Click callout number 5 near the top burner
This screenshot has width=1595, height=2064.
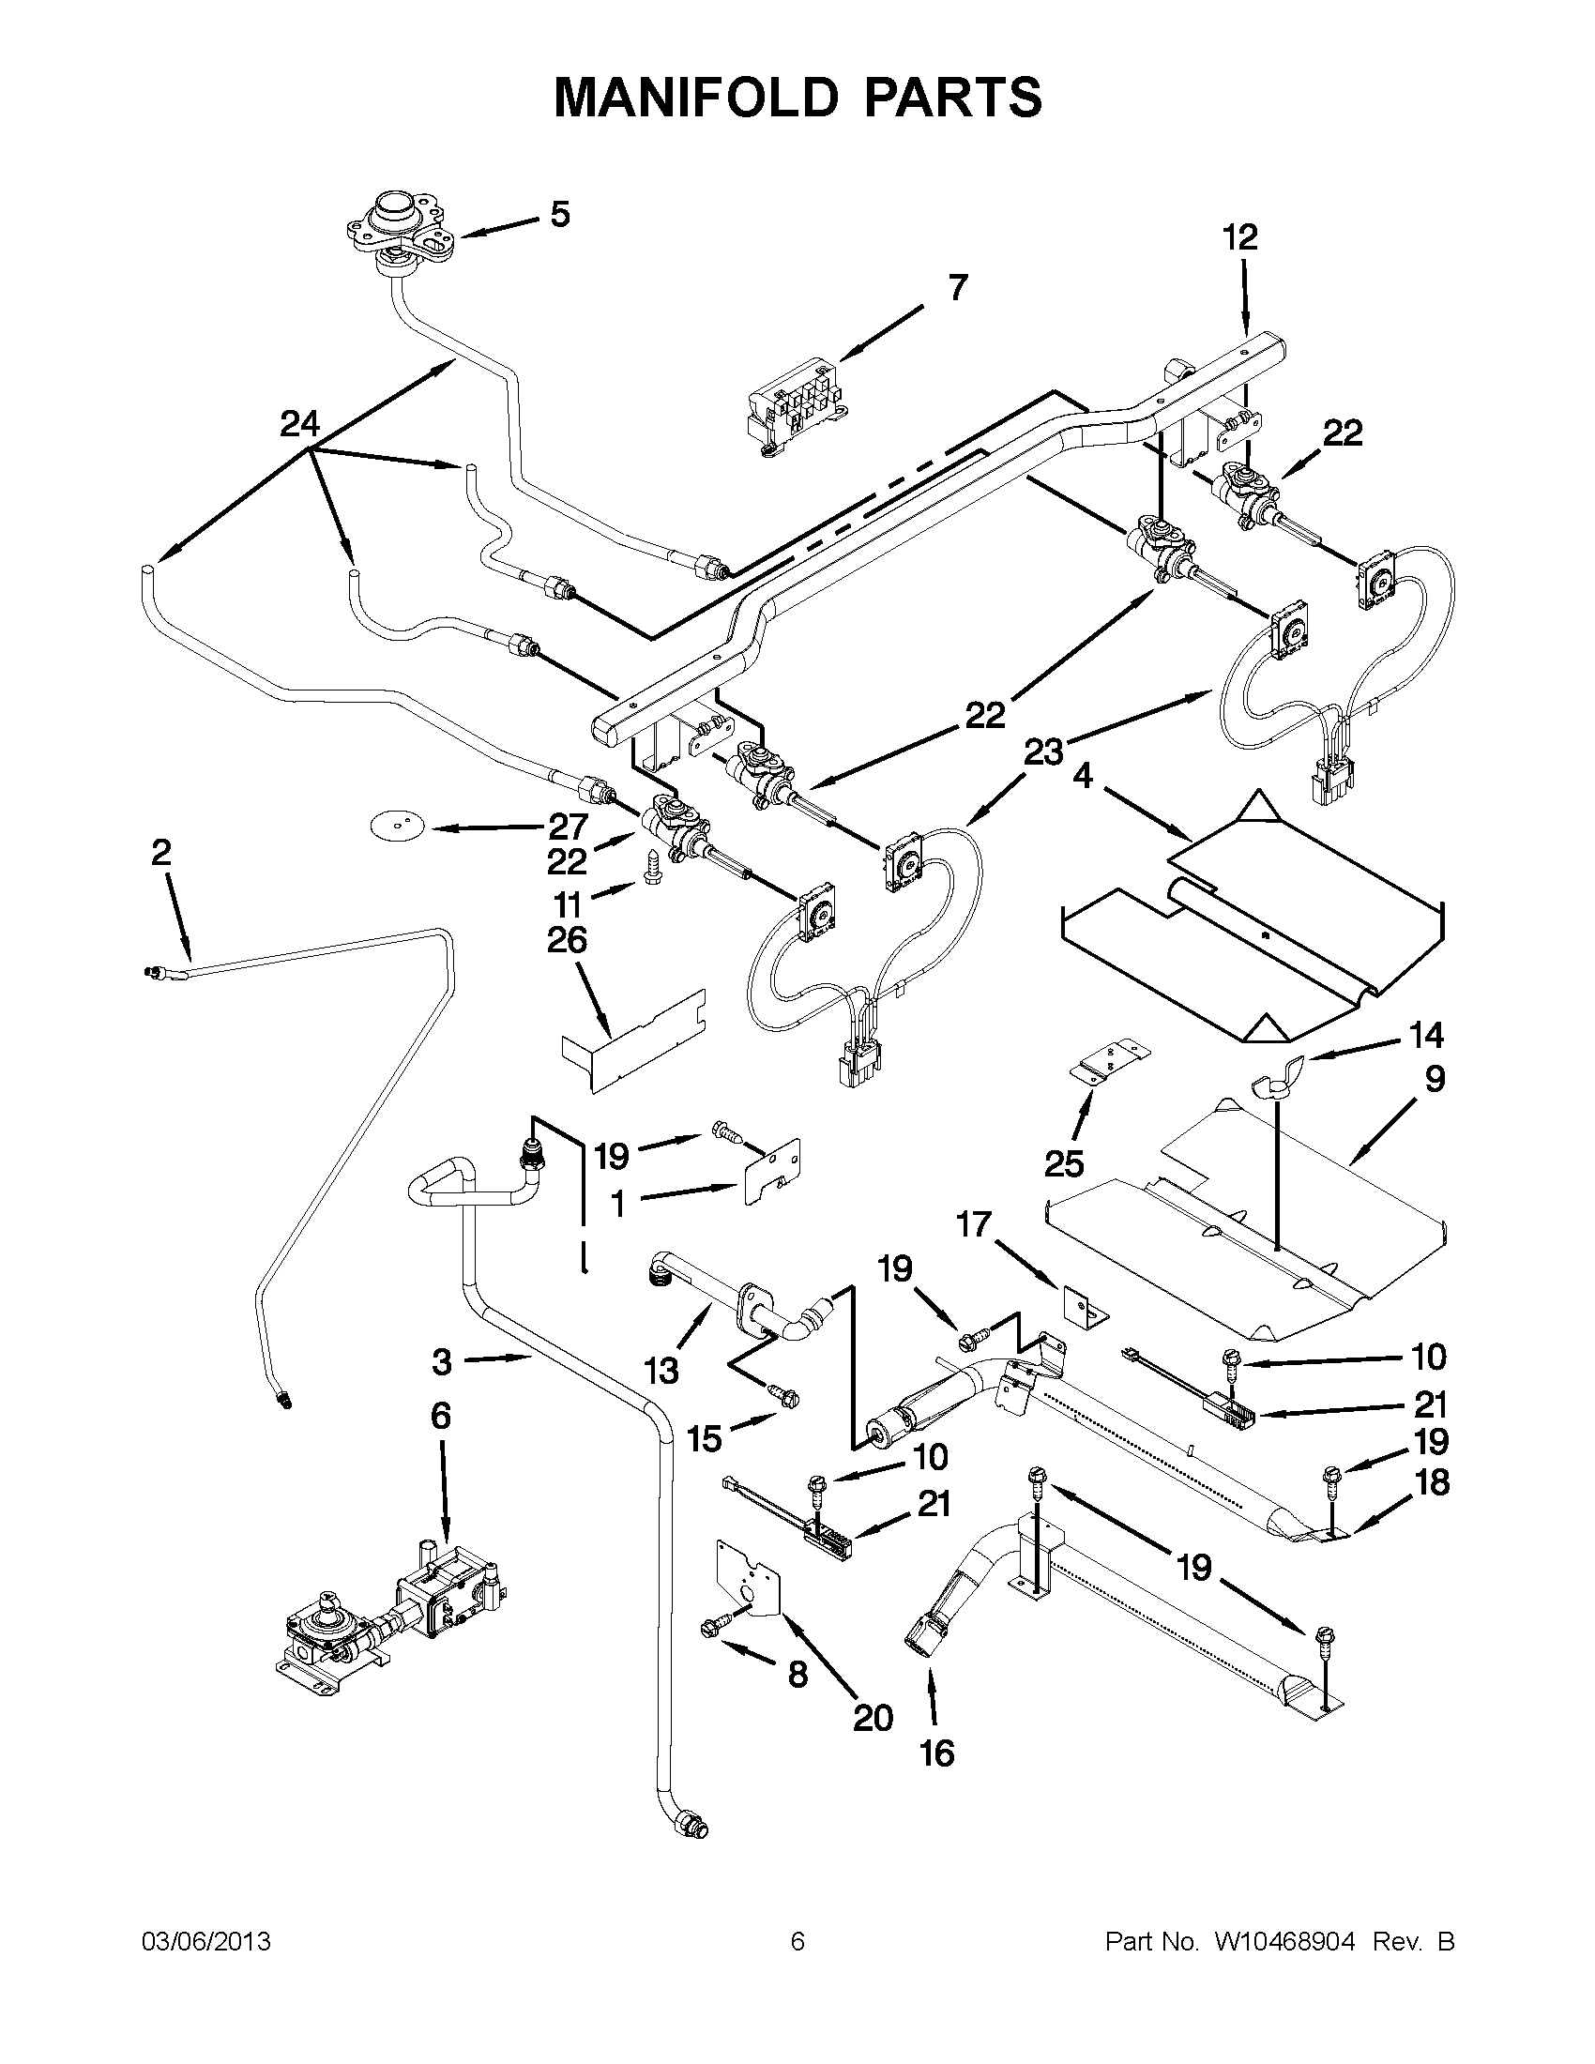pyautogui.click(x=559, y=216)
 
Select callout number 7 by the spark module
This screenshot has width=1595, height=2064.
pyautogui.click(x=957, y=287)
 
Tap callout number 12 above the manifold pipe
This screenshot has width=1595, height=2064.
pyautogui.click(x=1239, y=237)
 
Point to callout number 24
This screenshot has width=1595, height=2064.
pyautogui.click(x=299, y=424)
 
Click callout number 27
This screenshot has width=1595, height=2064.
pyautogui.click(x=568, y=827)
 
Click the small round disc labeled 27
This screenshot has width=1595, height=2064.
pyautogui.click(x=392, y=827)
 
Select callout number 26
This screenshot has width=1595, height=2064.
pyautogui.click(x=567, y=940)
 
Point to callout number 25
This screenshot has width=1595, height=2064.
pyautogui.click(x=1063, y=1164)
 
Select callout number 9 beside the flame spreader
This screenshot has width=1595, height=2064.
pyautogui.click(x=1435, y=1079)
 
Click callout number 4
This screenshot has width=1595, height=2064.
pyautogui.click(x=1083, y=777)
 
